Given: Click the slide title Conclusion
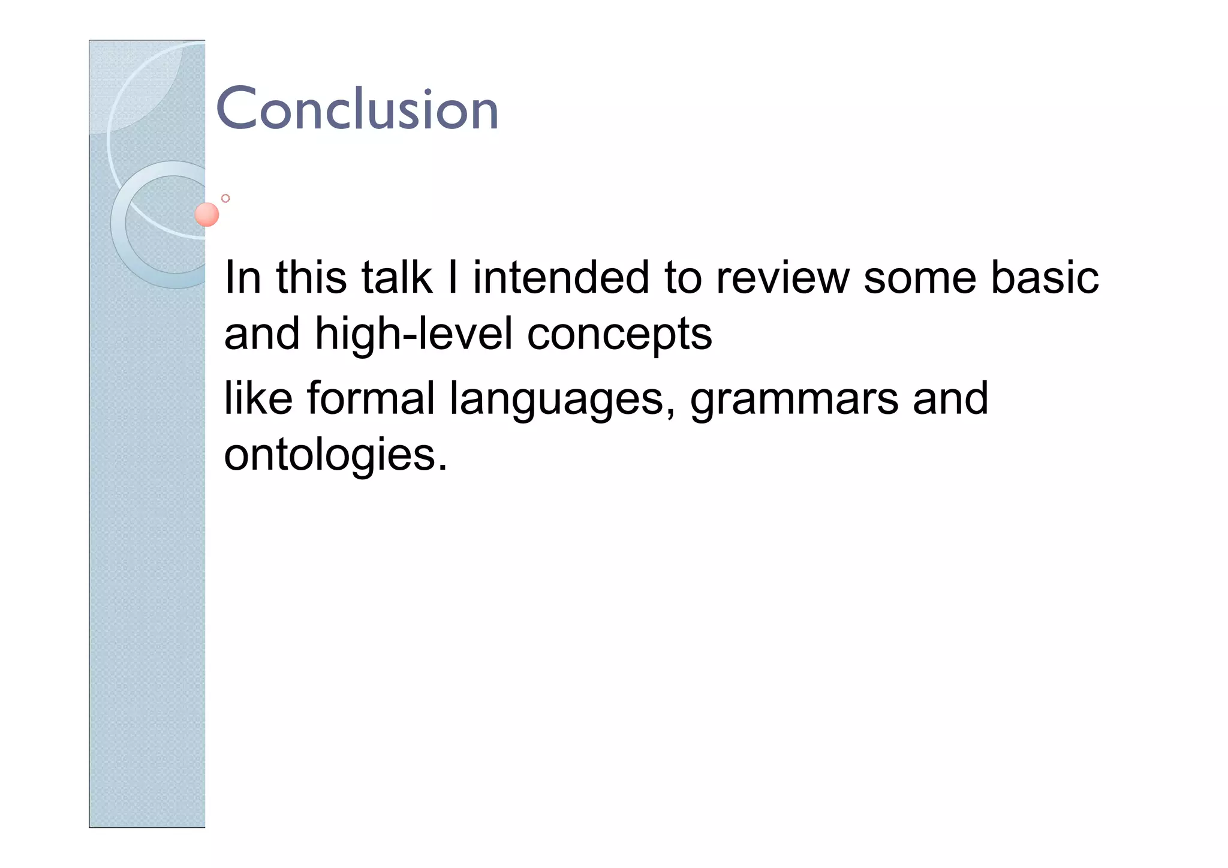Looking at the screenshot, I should point(357,109).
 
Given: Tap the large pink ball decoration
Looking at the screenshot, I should point(207,215).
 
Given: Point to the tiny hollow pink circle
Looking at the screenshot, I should point(225,198).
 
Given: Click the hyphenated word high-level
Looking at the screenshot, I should point(414,334).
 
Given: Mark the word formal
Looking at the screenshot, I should point(371,398).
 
